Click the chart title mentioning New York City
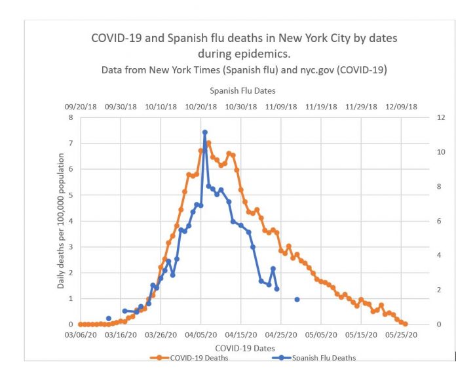click(244, 45)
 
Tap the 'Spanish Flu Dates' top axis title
click(242, 91)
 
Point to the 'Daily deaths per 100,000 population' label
click(61, 221)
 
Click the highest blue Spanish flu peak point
click(204, 132)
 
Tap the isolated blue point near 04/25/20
click(297, 300)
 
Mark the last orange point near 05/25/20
click(406, 324)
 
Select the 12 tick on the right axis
click(423, 118)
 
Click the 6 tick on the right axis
click(421, 221)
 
